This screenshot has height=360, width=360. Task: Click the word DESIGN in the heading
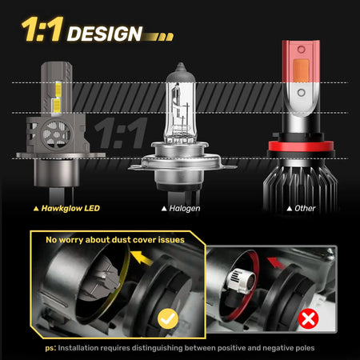click(x=105, y=34)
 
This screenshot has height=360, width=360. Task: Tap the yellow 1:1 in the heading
click(x=42, y=30)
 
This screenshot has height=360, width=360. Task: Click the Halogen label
click(x=185, y=208)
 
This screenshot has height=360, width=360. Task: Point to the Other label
click(x=305, y=208)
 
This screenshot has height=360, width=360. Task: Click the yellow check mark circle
click(x=168, y=318)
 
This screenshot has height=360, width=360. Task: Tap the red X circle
click(x=308, y=318)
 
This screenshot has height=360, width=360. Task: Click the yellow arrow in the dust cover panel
click(x=142, y=258)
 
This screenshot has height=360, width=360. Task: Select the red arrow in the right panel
click(x=276, y=262)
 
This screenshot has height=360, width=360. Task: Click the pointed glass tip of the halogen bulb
click(x=181, y=66)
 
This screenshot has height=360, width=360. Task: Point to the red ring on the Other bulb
click(x=301, y=146)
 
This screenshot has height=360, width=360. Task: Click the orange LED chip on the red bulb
click(x=301, y=70)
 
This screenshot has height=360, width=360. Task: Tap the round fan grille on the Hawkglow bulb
click(x=57, y=134)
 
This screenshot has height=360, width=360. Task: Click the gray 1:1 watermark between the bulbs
click(x=121, y=133)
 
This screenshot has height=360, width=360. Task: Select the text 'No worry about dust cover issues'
click(x=115, y=240)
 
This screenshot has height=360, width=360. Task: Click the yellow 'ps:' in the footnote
click(x=50, y=348)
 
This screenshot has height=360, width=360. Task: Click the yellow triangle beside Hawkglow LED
click(x=36, y=209)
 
